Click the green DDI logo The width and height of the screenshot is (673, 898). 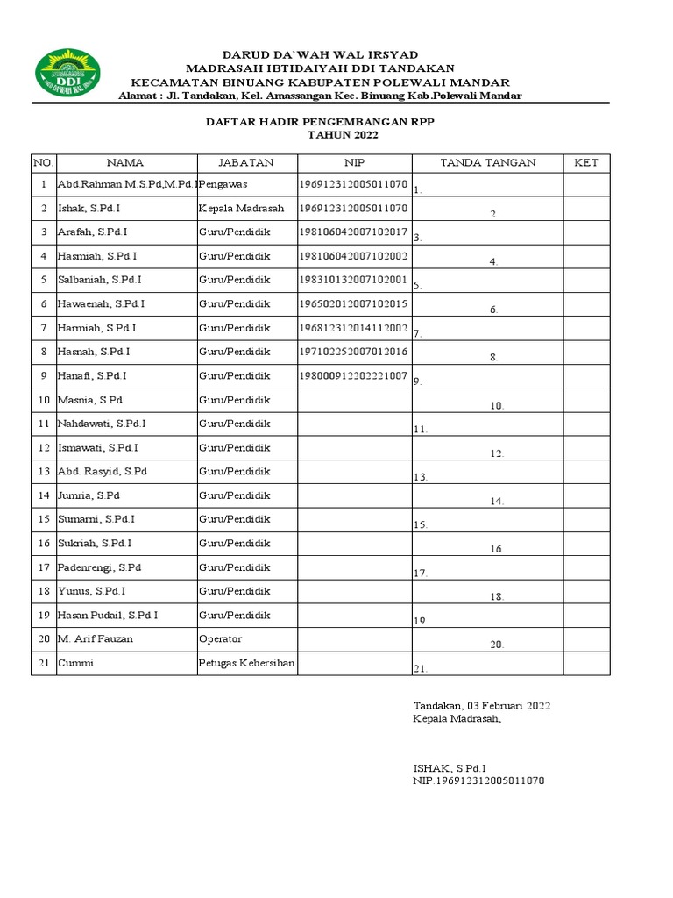point(67,74)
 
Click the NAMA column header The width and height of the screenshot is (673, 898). point(125,163)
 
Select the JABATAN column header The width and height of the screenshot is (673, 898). point(246,163)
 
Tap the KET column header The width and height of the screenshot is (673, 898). point(585,163)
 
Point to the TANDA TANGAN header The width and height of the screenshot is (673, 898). point(487,163)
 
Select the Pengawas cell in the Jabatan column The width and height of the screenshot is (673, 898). point(223,185)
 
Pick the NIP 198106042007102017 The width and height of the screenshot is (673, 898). point(353,232)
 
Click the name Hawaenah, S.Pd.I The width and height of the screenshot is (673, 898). point(101,303)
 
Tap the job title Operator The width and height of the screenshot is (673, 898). point(220,639)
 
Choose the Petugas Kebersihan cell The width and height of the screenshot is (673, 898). point(246,663)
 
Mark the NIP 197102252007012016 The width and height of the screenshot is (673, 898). point(353,351)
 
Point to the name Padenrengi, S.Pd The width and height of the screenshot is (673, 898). point(99,568)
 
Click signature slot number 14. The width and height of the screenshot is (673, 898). point(497,502)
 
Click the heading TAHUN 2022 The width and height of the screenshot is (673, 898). point(337,136)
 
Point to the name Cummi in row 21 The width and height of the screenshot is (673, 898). point(75,663)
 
